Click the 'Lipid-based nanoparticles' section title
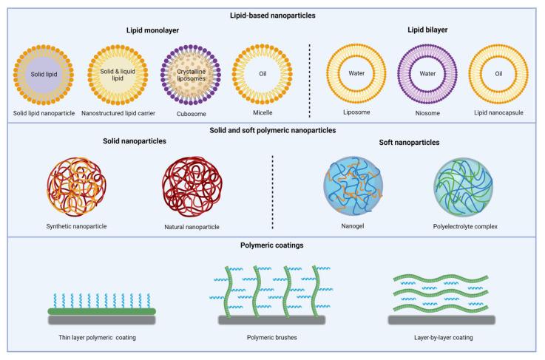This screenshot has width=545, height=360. pyautogui.click(x=272, y=13)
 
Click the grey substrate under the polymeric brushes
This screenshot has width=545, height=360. pyautogui.click(x=272, y=319)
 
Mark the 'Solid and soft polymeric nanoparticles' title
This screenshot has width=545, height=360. pyautogui.click(x=272, y=130)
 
